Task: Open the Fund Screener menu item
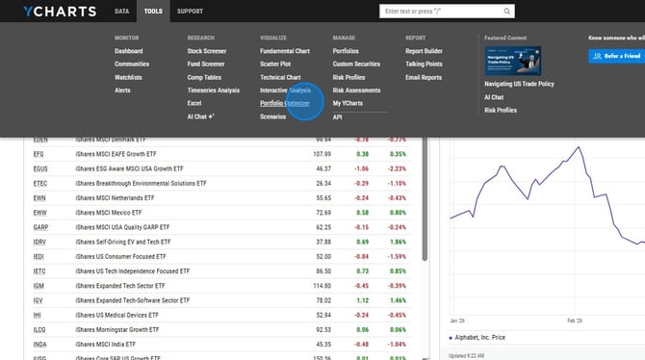tap(207, 64)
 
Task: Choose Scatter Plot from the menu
tap(277, 64)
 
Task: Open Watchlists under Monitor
tap(128, 77)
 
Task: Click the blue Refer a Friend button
tap(616, 57)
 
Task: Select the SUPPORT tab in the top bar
tap(190, 12)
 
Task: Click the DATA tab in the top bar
tap(121, 12)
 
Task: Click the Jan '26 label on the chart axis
tap(458, 320)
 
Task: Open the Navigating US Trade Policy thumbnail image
tap(512, 61)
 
